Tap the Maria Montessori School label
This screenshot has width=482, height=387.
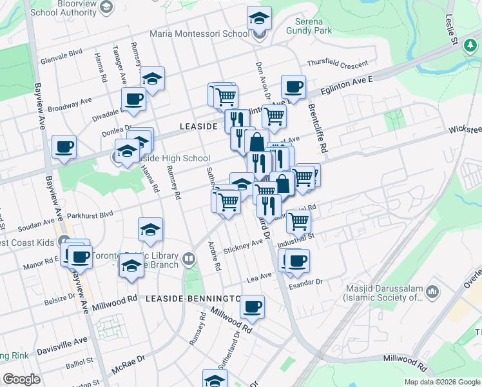[x=198, y=34]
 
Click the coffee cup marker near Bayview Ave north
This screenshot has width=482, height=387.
[x=64, y=146]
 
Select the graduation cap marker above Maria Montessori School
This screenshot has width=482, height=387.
[x=259, y=17]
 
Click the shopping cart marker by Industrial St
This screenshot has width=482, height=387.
[x=299, y=221]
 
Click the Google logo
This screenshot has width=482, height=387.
[x=21, y=379]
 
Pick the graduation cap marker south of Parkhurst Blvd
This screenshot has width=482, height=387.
[x=150, y=229]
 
